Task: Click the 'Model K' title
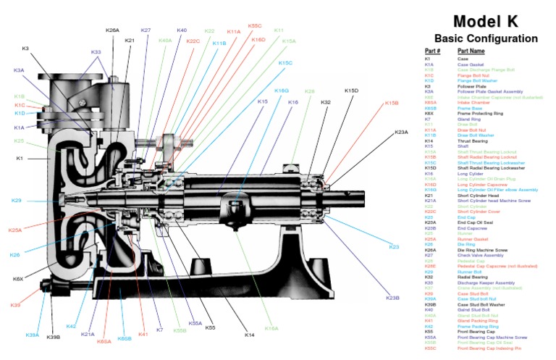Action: pyautogui.click(x=486, y=21)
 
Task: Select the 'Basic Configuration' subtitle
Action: pyautogui.click(x=486, y=38)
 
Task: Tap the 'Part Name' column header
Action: pyautogui.click(x=472, y=51)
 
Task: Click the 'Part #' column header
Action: pyautogui.click(x=433, y=51)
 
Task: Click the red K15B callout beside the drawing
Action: pyautogui.click(x=392, y=104)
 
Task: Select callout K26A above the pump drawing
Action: pyautogui.click(x=112, y=30)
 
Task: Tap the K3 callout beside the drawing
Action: pyautogui.click(x=25, y=49)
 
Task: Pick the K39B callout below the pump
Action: pyautogui.click(x=54, y=337)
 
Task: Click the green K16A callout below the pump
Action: pyautogui.click(x=271, y=328)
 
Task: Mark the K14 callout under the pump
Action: pyautogui.click(x=249, y=335)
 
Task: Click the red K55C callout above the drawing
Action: pyautogui.click(x=255, y=25)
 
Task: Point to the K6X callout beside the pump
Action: pyautogui.click(x=18, y=279)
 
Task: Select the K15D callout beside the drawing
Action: pyautogui.click(x=351, y=91)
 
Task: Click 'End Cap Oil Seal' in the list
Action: pyautogui.click(x=475, y=222)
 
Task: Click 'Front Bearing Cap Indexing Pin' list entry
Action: pyautogui.click(x=491, y=348)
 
